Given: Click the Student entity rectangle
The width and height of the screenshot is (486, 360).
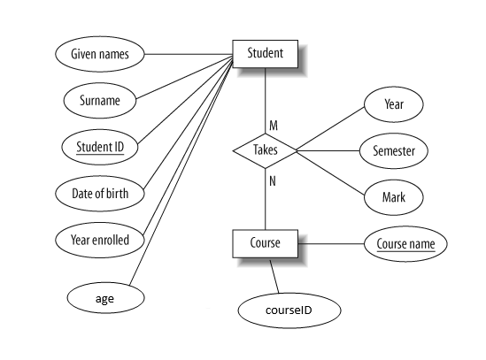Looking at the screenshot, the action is (265, 54).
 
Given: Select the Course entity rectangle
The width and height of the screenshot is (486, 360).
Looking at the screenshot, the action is (265, 243).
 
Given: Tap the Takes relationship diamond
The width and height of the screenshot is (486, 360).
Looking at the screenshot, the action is (265, 151).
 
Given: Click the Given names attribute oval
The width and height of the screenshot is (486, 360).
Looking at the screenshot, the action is (100, 54).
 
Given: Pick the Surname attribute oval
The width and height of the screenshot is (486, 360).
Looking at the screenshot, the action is (100, 100).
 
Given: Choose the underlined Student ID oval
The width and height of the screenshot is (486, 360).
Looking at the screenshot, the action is (100, 147).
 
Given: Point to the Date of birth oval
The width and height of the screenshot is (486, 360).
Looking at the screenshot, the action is (100, 194).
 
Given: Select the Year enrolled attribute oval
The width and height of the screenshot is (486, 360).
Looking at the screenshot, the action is (100, 240).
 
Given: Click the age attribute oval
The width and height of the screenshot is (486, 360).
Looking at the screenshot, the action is (105, 298).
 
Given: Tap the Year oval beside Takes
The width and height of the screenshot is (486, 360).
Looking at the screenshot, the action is (394, 104).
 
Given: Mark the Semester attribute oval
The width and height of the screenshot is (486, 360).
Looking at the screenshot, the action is (394, 151).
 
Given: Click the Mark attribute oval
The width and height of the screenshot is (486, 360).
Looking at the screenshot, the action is (394, 197).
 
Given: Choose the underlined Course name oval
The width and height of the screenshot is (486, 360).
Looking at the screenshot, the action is (405, 244).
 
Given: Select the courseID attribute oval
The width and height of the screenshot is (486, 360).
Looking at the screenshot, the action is (289, 310).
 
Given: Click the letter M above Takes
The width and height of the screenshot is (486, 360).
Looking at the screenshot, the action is (274, 126).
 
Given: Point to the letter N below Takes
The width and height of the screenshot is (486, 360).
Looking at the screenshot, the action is (273, 181).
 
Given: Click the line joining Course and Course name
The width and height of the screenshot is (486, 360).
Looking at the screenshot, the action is (331, 244).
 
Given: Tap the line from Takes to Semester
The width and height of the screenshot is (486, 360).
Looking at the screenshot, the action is (328, 151).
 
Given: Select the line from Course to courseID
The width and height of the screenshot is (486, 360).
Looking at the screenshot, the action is (274, 276).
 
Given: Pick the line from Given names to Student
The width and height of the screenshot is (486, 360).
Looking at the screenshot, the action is (189, 54).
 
